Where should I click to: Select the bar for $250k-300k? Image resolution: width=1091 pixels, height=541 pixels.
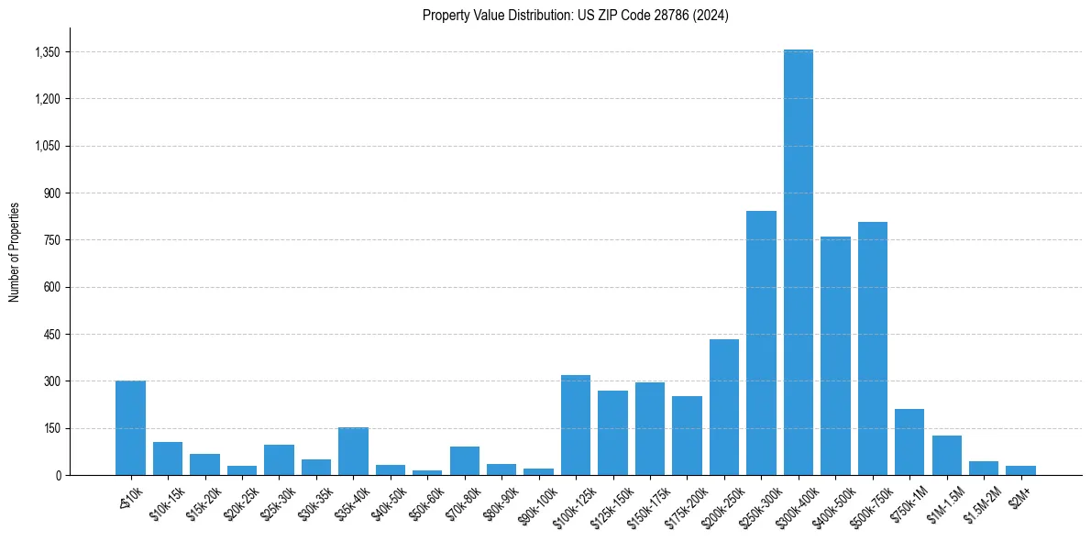click(761, 343)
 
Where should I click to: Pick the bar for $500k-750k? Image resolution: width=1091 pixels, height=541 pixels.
click(872, 348)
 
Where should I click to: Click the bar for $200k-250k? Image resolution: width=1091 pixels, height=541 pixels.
click(723, 407)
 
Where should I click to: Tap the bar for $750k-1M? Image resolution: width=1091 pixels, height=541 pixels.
click(909, 442)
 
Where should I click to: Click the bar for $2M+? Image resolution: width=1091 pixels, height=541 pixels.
click(1020, 470)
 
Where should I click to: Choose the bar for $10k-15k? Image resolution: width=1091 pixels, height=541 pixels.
click(168, 458)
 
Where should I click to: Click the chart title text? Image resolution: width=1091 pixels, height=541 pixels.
click(576, 15)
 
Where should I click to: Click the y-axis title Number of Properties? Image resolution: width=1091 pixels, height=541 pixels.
click(15, 251)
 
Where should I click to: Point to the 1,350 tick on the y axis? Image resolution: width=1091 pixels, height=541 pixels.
click(47, 52)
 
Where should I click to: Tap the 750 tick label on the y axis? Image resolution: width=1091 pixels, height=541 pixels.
click(50, 240)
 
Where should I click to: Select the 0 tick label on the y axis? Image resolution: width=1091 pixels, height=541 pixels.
click(57, 475)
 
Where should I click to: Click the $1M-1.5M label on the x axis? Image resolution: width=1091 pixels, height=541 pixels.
click(942, 503)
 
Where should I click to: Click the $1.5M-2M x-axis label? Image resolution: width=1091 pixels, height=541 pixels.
click(979, 503)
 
